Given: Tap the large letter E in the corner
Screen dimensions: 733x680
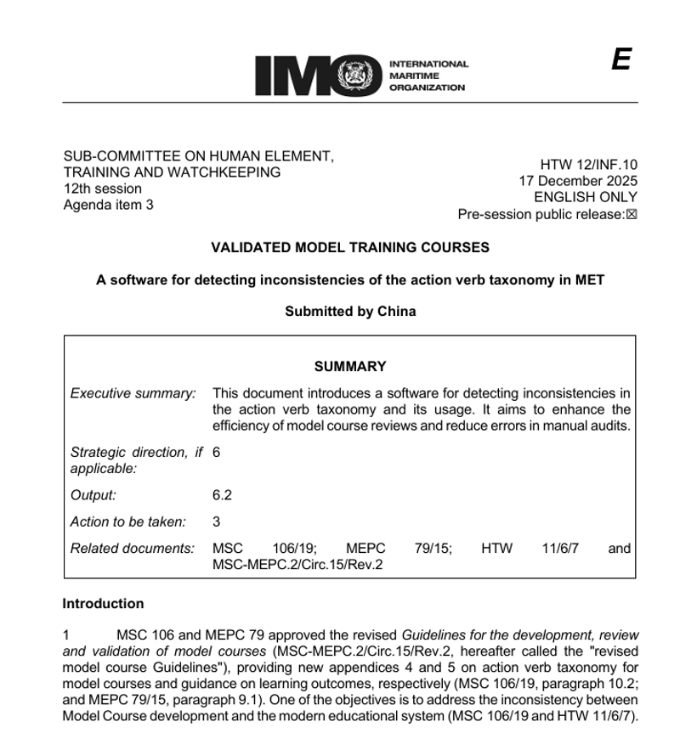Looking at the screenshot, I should pyautogui.click(x=620, y=60).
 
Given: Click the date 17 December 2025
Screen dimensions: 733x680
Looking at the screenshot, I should pyautogui.click(x=578, y=181).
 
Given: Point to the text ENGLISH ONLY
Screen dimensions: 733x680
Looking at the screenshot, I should pyautogui.click(x=586, y=197).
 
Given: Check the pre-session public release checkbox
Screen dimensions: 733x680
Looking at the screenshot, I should pyautogui.click(x=632, y=214).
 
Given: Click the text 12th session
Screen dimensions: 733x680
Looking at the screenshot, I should pyautogui.click(x=102, y=189).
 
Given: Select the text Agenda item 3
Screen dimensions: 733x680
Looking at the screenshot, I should pyautogui.click(x=108, y=205).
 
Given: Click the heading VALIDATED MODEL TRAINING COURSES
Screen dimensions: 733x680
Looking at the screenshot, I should pyautogui.click(x=349, y=247).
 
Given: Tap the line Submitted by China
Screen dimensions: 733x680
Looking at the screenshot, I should pyautogui.click(x=350, y=311).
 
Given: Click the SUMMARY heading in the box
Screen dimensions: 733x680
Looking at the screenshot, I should pyautogui.click(x=349, y=367).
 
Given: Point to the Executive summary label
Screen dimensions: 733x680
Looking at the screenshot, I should pyautogui.click(x=133, y=393).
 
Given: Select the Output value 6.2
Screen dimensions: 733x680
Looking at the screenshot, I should pyautogui.click(x=222, y=495).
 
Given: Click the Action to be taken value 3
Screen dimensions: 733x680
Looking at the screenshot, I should pyautogui.click(x=216, y=522).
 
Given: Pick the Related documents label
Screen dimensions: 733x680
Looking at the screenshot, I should pyautogui.click(x=132, y=549).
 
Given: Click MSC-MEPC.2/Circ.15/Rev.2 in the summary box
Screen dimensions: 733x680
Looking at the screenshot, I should pyautogui.click(x=297, y=564).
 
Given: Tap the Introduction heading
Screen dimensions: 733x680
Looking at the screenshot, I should pyautogui.click(x=103, y=604).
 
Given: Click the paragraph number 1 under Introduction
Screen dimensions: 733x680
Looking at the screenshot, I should pyautogui.click(x=66, y=635).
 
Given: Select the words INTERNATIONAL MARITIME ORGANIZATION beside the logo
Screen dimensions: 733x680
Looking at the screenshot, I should pyautogui.click(x=428, y=76).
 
